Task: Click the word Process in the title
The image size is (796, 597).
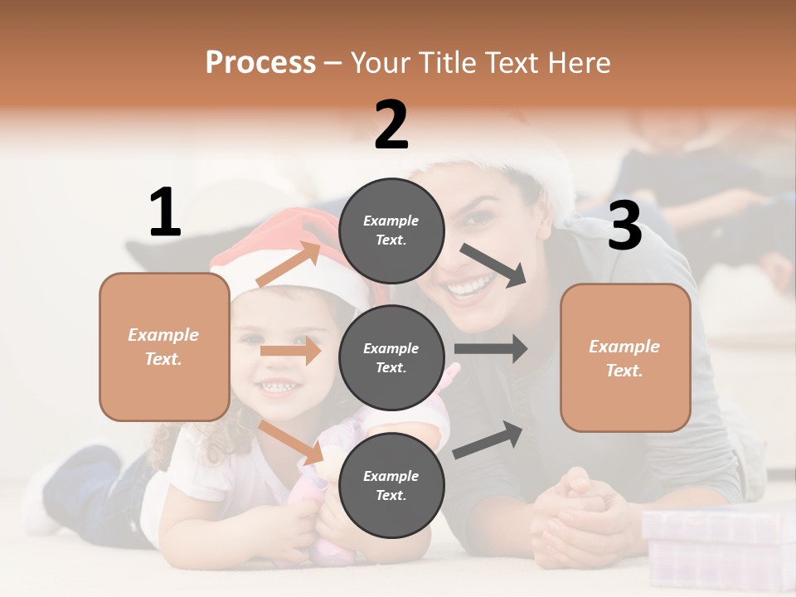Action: click(x=260, y=63)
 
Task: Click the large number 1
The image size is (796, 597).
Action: click(x=165, y=213)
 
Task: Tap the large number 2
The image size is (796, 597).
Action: click(x=391, y=125)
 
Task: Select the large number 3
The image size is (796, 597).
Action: click(x=624, y=226)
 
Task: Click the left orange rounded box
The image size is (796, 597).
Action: click(x=164, y=347)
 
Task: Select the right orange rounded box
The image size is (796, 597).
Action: click(x=625, y=357)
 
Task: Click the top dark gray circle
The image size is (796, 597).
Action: click(x=391, y=231)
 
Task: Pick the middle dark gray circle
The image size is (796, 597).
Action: click(x=391, y=357)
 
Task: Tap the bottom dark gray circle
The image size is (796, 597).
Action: click(x=391, y=485)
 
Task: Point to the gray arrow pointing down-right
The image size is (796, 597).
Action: click(x=493, y=265)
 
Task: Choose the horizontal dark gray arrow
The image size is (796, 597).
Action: click(x=490, y=348)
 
